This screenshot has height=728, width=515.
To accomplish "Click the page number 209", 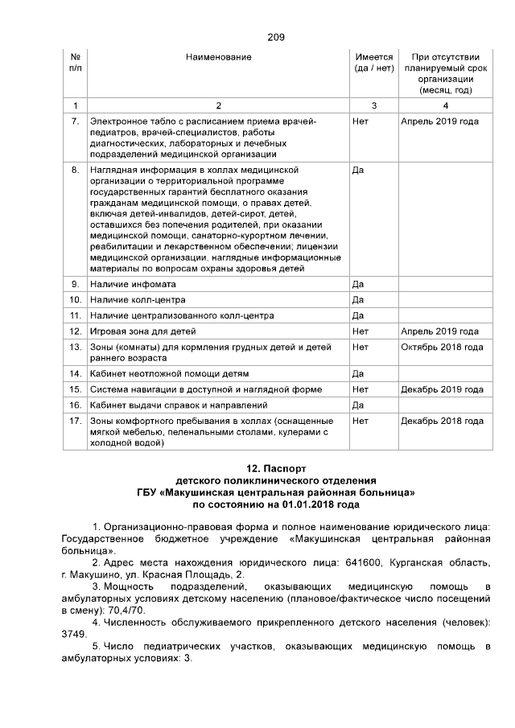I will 275,37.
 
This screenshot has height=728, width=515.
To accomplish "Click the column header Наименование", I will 218,57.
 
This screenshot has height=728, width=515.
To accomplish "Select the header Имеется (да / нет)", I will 373,63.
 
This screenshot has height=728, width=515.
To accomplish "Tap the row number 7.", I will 75,121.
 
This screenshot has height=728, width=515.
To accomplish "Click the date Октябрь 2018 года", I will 441,347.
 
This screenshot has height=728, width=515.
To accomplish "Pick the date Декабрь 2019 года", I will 442,389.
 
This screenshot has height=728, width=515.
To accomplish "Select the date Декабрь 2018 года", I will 442,421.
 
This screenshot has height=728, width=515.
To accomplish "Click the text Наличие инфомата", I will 133,285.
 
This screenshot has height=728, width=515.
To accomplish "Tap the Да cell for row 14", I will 359,374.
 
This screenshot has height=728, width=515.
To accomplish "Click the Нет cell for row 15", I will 360,389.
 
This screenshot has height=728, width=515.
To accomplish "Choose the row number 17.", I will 75,421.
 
